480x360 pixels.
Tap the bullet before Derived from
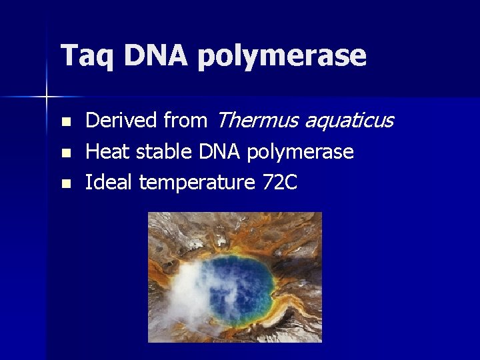coord(65,122)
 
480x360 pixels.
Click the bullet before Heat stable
coord(65,153)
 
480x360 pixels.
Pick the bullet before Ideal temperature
coord(65,183)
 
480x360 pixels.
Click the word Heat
coord(109,152)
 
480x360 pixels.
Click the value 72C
coord(279,182)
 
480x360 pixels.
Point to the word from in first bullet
coord(185,121)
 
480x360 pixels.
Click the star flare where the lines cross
coord(47,97)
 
